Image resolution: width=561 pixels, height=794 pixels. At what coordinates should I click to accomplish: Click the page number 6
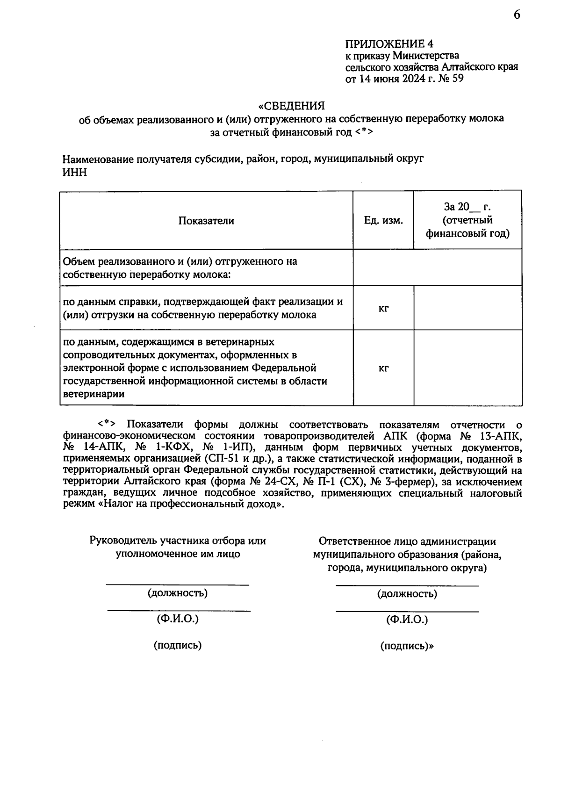pyautogui.click(x=517, y=15)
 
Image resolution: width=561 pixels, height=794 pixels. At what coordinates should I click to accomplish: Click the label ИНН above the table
pyautogui.click(x=74, y=172)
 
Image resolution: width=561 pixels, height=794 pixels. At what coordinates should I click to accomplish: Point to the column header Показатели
pyautogui.click(x=206, y=221)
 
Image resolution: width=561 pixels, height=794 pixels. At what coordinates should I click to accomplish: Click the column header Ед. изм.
pyautogui.click(x=383, y=221)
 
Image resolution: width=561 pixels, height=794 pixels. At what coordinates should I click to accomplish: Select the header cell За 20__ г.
pyautogui.click(x=467, y=207)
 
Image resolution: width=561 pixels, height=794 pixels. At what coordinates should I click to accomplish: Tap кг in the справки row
pyautogui.click(x=383, y=308)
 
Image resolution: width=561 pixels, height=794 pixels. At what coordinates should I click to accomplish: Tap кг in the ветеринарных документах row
pyautogui.click(x=383, y=368)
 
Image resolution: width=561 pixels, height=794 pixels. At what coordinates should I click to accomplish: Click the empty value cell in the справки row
pyautogui.click(x=467, y=308)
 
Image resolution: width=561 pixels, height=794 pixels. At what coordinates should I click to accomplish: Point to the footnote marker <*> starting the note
pyautogui.click(x=106, y=425)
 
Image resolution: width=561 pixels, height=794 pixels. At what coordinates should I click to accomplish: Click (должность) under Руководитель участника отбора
pyautogui.click(x=178, y=593)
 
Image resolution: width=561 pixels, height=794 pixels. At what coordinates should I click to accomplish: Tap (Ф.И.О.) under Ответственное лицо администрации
pyautogui.click(x=407, y=620)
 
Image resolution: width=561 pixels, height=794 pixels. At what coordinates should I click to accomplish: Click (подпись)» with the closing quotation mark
pyautogui.click(x=407, y=646)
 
